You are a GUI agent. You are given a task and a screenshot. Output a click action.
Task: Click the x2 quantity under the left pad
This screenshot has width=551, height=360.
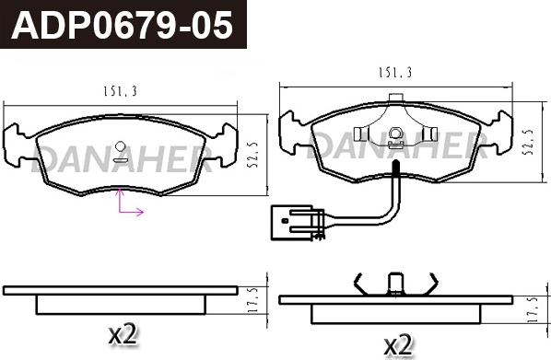[x=122, y=335]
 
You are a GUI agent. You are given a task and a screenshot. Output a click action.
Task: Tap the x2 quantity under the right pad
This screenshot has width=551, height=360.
[x=396, y=345]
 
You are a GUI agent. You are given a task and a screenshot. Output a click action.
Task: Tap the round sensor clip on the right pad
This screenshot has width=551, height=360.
[x=395, y=134]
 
